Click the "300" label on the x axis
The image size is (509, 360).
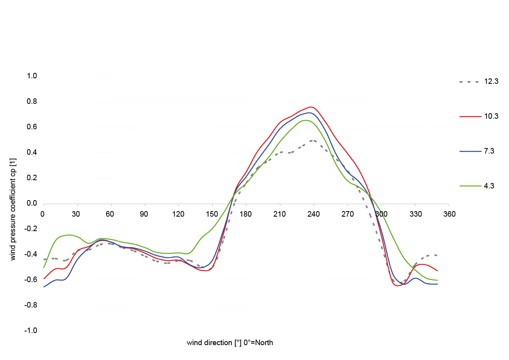[x=379, y=214]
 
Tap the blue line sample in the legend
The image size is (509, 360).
[x=470, y=151]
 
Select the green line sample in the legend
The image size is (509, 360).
[x=470, y=186]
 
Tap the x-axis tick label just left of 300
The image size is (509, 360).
[x=347, y=214]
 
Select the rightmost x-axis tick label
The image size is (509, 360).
[x=449, y=214]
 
